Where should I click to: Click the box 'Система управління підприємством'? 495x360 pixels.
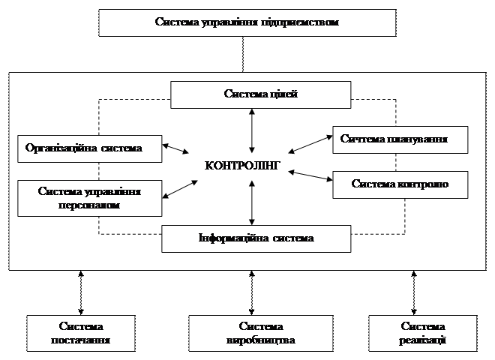pos(247,22)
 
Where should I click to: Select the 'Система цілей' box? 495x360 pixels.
pos(260,94)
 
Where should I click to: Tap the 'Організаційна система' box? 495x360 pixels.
pos(90,148)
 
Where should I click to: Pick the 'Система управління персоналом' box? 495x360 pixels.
pos(90,197)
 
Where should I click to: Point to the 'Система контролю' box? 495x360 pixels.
pos(400,184)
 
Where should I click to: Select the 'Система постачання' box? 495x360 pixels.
pos(80,333)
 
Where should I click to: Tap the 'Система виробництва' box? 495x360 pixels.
pos(260,333)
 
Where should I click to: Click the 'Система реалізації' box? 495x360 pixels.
pos(423,333)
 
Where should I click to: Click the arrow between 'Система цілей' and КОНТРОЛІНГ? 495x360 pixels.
pos(253,131)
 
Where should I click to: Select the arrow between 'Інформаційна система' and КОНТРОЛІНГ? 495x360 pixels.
pos(253,202)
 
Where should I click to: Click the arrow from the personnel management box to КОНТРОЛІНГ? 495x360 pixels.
pos(180,187)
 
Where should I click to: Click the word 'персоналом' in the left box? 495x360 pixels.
pos(89,204)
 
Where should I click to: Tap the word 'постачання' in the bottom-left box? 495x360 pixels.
pos(80,340)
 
